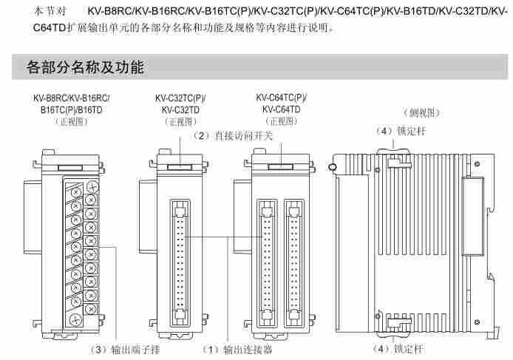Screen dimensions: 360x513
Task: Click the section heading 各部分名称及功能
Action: click(x=85, y=68)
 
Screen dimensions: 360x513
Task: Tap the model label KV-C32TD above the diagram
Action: click(x=180, y=109)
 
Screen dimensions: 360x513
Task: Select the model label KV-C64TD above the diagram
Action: click(x=282, y=109)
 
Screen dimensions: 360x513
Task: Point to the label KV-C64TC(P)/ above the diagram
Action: click(x=282, y=97)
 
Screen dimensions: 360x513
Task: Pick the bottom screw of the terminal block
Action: click(x=75, y=319)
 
